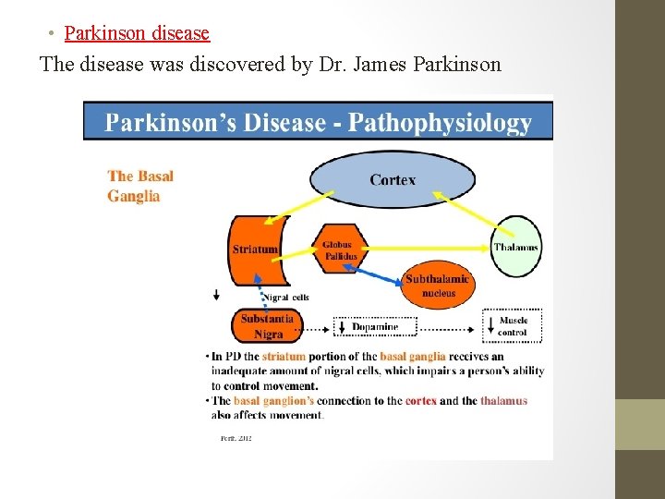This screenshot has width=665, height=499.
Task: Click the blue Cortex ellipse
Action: [393, 179]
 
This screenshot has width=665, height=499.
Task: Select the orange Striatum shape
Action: [256, 249]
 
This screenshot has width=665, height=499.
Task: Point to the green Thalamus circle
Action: [515, 247]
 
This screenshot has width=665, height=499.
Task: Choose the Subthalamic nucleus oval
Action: [438, 286]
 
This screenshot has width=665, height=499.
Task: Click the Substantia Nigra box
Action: [267, 326]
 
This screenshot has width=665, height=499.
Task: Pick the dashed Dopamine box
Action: [375, 327]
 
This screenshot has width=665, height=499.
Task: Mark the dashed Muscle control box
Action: [512, 326]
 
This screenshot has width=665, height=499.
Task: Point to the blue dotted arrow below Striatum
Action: [266, 296]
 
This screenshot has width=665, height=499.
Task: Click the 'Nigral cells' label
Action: [287, 298]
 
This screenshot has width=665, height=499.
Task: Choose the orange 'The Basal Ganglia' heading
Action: [139, 186]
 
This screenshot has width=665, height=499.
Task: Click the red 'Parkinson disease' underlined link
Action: [137, 33]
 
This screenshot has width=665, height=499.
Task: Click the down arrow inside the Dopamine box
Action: [342, 327]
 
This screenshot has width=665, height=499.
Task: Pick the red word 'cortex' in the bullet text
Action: [420, 401]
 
